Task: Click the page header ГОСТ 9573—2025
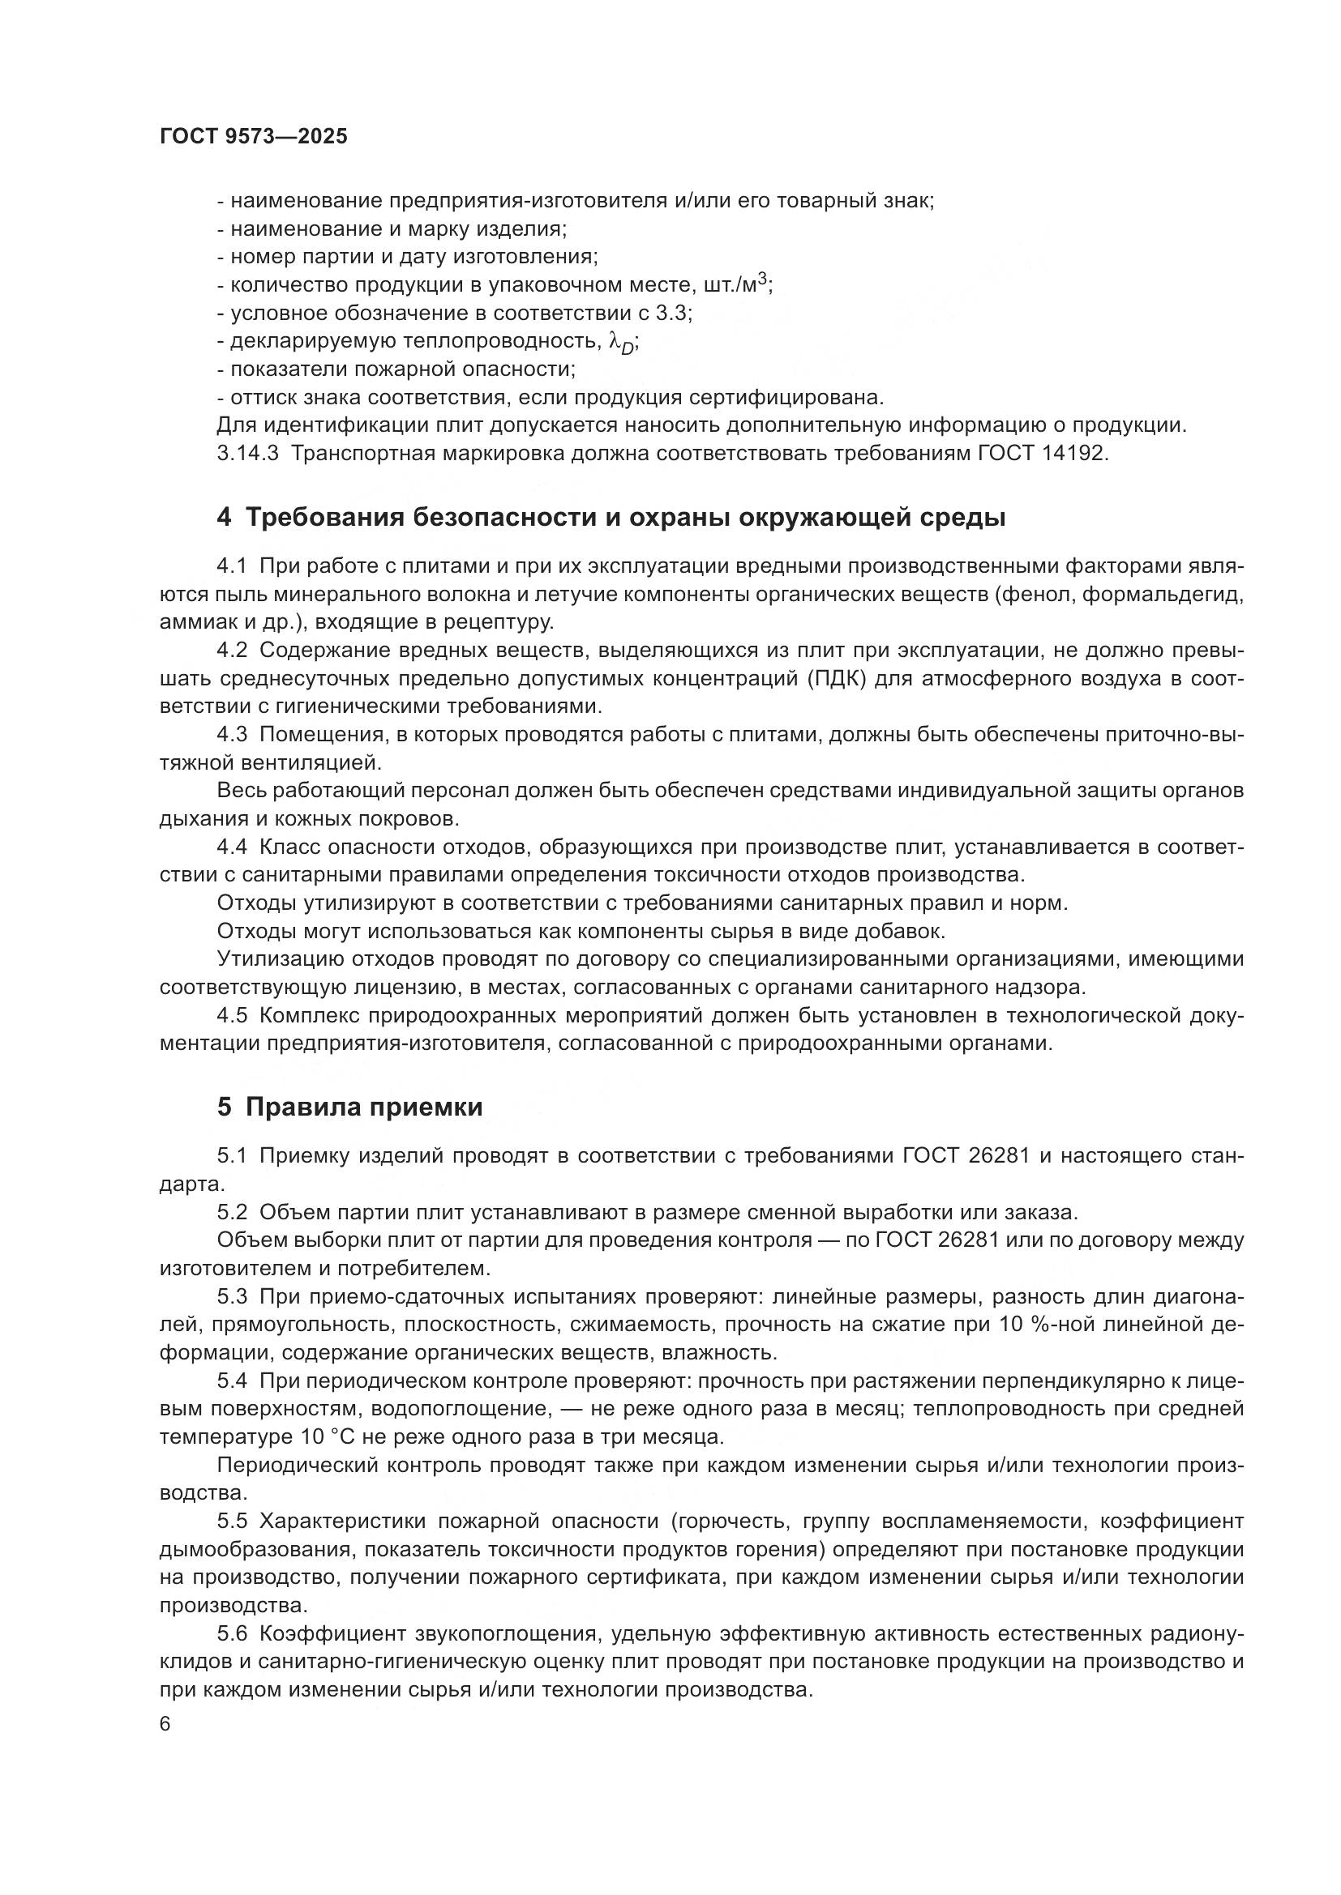coord(254,137)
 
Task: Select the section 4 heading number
coord(225,519)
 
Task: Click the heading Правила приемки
coord(364,1107)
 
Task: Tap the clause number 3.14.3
coord(247,454)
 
